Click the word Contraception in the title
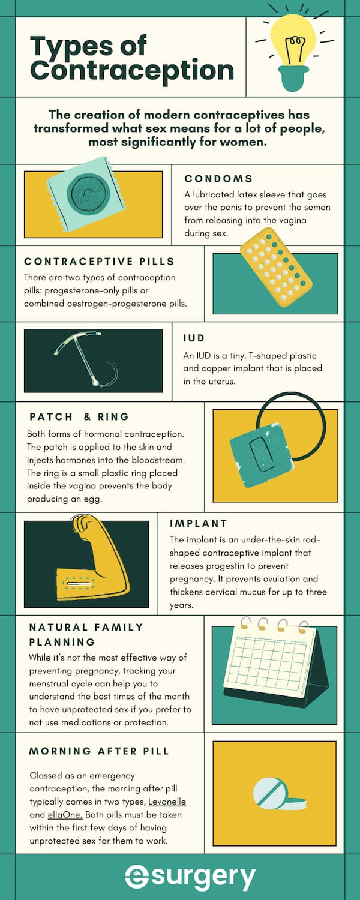(132, 70)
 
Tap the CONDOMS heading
(218, 178)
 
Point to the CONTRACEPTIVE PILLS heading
(99, 261)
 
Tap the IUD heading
(194, 338)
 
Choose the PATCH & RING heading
(79, 416)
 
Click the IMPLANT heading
(199, 524)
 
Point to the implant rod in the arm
(80, 583)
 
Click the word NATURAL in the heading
(59, 627)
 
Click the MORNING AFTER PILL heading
(99, 751)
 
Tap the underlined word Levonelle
(167, 802)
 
